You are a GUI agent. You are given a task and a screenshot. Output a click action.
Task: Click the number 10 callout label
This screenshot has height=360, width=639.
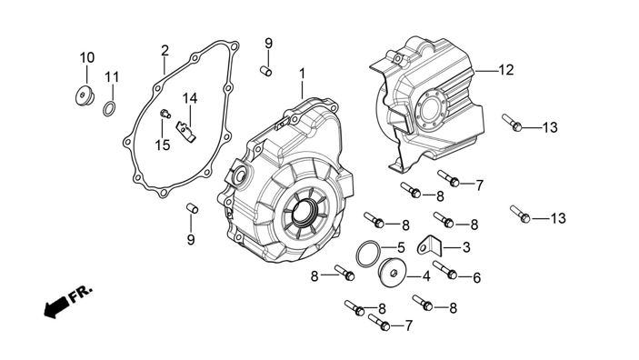coord(86,57)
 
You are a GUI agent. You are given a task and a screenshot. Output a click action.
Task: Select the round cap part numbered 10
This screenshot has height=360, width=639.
coord(85,96)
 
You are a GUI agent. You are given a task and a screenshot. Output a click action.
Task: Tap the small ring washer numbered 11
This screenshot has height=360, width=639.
coord(109,109)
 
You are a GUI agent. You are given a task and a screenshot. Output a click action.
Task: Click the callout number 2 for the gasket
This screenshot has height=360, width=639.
coord(165,51)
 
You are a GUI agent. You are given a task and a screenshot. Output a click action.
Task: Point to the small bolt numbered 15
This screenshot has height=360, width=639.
coord(165,114)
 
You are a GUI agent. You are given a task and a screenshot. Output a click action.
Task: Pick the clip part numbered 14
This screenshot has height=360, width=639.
coord(185,132)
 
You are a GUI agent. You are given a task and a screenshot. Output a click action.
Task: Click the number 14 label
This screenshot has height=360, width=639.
coord(189,98)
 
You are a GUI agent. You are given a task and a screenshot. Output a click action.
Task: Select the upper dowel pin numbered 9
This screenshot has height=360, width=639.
coord(266,71)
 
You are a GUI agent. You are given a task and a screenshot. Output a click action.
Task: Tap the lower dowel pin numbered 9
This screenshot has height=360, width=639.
coord(193,208)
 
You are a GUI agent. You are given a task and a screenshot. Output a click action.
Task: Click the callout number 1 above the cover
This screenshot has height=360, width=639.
coord(302,74)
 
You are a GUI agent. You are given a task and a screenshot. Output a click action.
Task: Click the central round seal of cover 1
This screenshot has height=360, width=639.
coord(305,213)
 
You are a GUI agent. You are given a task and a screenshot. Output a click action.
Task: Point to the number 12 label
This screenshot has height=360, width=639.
coord(506,70)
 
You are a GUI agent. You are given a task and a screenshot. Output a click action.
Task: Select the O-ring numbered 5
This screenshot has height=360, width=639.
coord(368,254)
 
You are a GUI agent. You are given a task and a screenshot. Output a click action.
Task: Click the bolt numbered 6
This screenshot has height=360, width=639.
coord(445,270)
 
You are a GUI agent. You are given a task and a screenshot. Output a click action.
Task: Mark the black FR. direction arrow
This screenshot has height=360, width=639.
coord(56,307)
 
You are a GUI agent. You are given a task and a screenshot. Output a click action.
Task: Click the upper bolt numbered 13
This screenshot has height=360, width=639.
coord(513,123)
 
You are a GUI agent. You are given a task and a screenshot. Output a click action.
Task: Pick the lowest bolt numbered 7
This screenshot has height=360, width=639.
coord(379,322)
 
